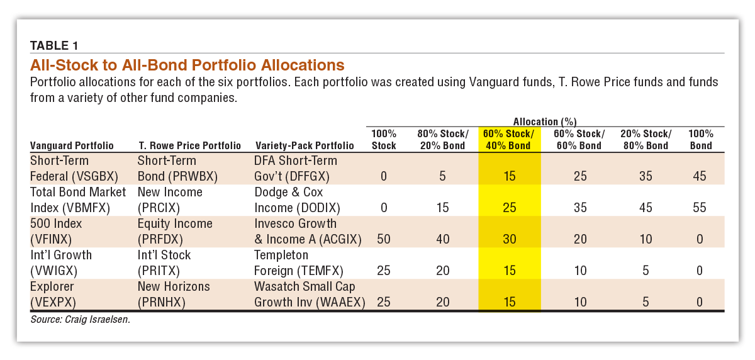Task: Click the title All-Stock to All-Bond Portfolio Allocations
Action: [x=187, y=65]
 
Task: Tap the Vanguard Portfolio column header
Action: [x=72, y=145]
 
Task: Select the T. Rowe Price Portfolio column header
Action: [x=189, y=145]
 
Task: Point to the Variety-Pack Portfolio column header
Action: [x=305, y=145]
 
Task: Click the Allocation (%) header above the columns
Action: [x=545, y=121]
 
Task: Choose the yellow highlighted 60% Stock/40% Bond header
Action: [x=509, y=139]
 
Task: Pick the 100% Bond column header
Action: [x=701, y=139]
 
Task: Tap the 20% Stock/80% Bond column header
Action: [x=646, y=139]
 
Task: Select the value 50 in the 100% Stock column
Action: [x=384, y=239]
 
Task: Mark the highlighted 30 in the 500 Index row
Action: [x=509, y=239]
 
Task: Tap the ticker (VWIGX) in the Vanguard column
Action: [x=53, y=271]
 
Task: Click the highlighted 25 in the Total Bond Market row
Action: [x=509, y=207]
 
